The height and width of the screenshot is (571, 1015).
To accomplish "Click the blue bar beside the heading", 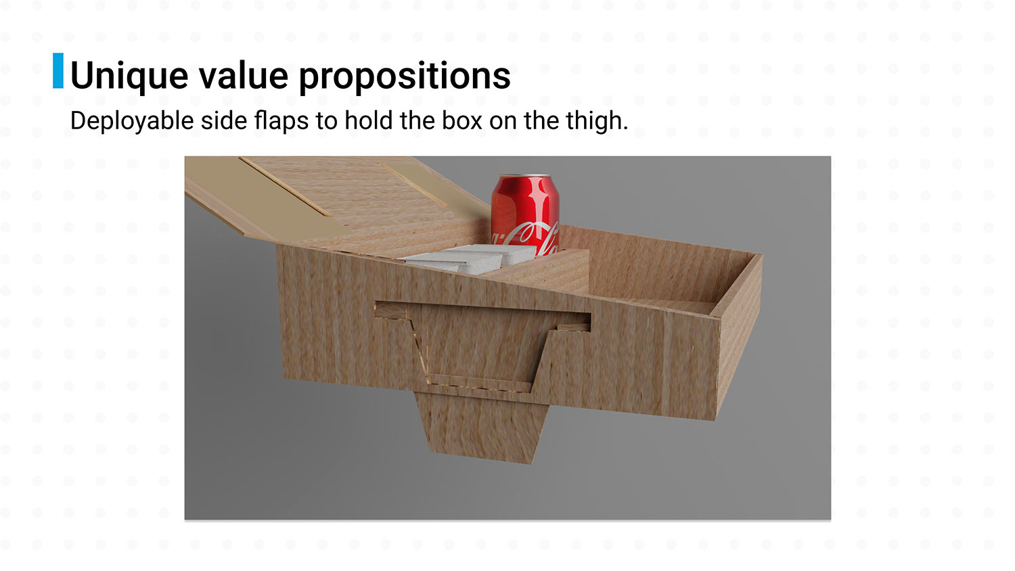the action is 58,70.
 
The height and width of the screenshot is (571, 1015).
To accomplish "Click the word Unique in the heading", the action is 129,76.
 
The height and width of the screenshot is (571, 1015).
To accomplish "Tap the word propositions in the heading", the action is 405,76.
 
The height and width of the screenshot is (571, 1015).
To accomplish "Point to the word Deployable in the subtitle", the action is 132,121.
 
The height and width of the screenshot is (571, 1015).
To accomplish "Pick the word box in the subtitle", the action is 461,120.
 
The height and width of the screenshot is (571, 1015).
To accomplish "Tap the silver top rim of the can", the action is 525,177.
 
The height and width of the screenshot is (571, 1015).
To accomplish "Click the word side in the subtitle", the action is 224,120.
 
